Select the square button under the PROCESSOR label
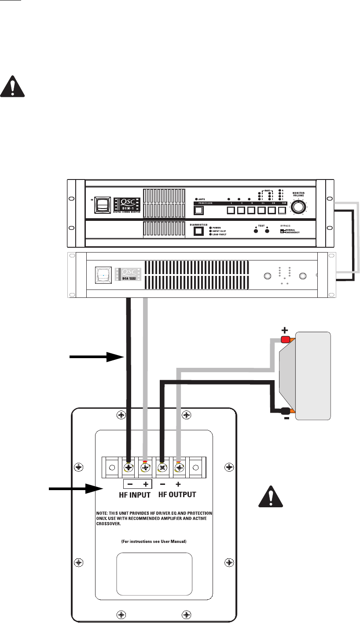[x=198, y=211]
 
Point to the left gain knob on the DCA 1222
[x=267, y=276]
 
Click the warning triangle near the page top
[x=12, y=86]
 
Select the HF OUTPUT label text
[x=177, y=495]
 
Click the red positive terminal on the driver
[x=285, y=339]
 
